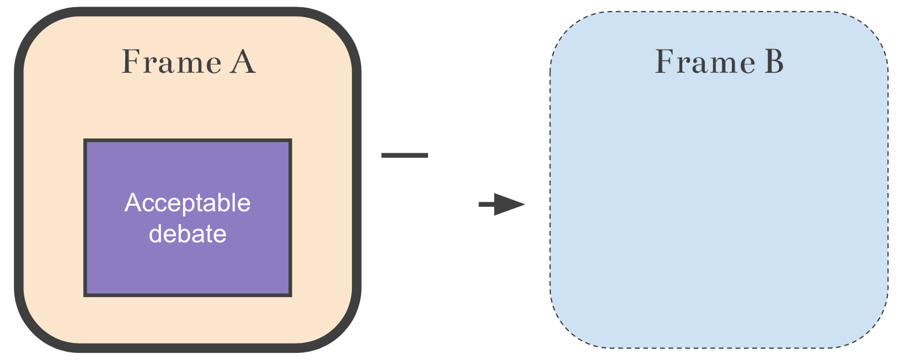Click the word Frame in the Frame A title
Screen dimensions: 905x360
coord(171,62)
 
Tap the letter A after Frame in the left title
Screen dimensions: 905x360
coord(243,62)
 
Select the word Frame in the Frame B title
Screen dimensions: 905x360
coord(704,62)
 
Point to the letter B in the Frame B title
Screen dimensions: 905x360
coord(774,62)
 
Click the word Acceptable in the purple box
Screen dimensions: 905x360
coord(188,203)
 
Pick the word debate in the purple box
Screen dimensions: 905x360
coord(188,234)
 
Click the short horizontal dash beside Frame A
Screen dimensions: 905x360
coord(404,155)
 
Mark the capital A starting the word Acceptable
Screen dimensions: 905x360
coord(132,202)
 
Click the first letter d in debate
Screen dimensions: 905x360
coord(156,234)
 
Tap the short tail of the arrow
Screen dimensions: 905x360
coord(486,205)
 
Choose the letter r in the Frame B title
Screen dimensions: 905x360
coord(686,64)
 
